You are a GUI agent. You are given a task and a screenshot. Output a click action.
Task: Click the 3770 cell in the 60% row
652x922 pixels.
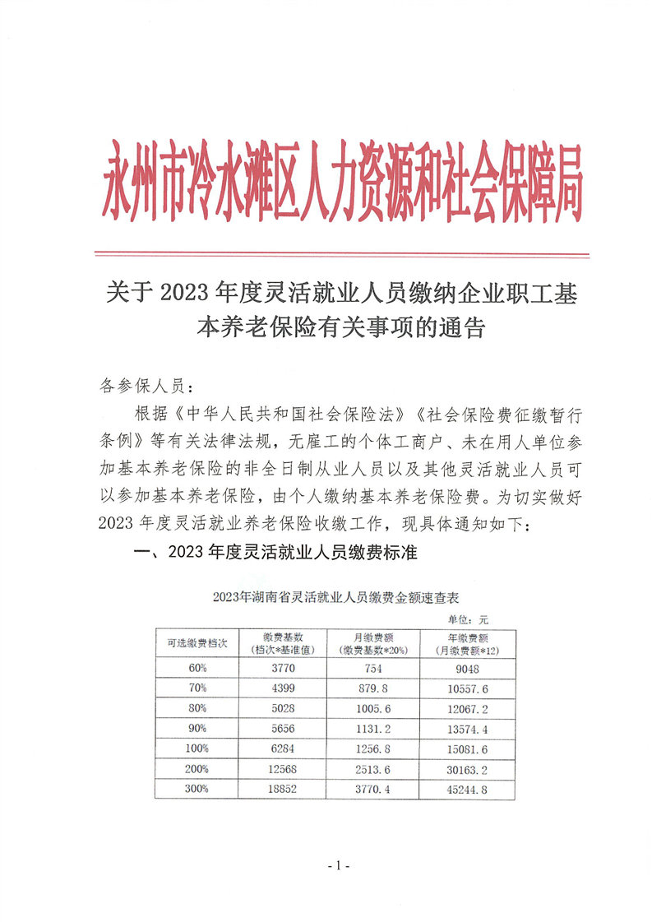point(284,668)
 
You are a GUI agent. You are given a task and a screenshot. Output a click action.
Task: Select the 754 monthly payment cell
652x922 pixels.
point(373,668)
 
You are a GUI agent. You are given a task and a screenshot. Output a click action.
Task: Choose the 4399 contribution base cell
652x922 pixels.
point(284,688)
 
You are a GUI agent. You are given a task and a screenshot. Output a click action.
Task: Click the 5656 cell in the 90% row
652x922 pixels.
point(284,729)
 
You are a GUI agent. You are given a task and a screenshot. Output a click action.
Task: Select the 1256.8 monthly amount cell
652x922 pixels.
point(373,748)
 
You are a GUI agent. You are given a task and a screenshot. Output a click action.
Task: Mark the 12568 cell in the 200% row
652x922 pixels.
point(284,769)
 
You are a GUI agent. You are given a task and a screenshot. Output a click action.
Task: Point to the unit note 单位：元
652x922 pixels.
point(468,619)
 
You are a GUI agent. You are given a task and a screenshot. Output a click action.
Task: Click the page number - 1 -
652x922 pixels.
point(339,866)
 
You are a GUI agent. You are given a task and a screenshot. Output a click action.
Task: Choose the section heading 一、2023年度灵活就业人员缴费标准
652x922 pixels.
point(275,553)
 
